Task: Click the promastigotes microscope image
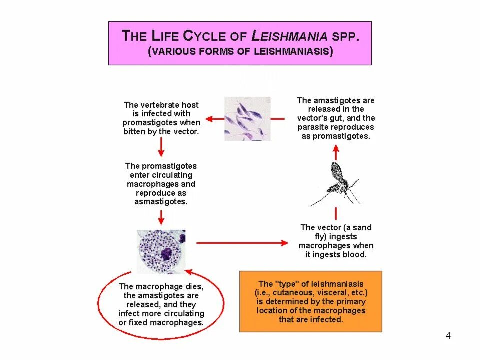[247, 118]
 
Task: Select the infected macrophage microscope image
[161, 252]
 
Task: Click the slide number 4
[448, 335]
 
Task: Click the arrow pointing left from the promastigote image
[215, 119]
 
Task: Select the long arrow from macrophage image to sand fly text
[243, 243]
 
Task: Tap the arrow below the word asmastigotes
[161, 217]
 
